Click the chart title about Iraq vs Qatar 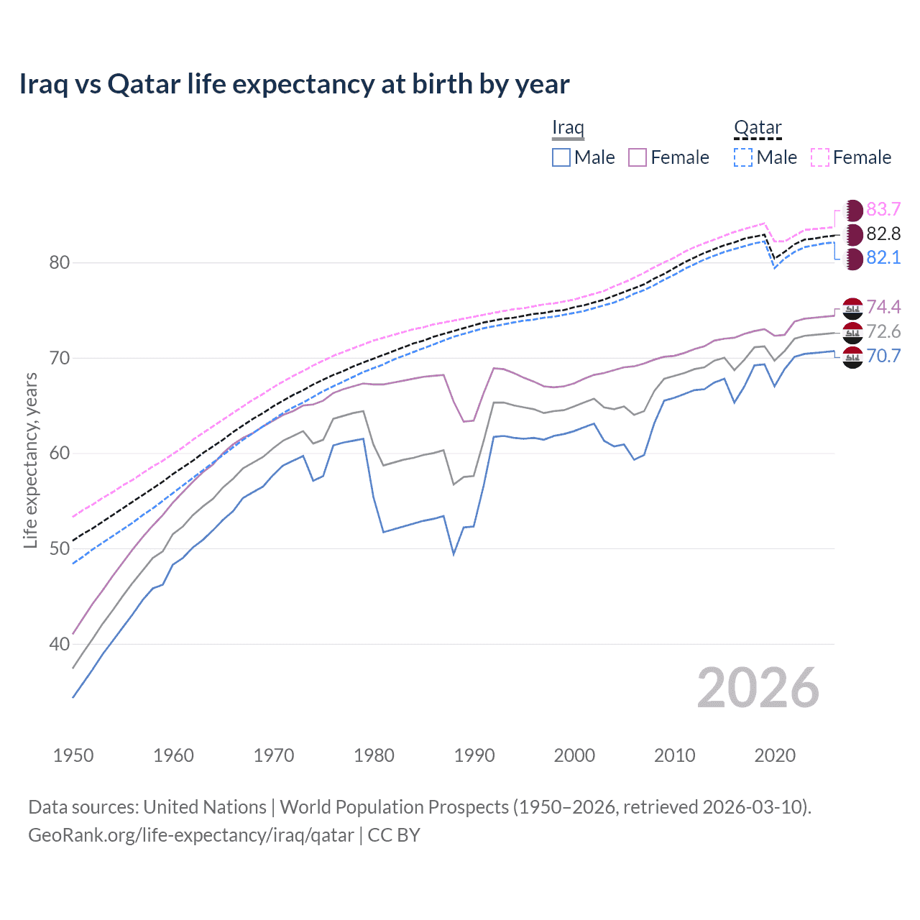coord(294,84)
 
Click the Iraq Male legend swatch coord(561,157)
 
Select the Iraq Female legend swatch coord(638,157)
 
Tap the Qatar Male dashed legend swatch coord(743,157)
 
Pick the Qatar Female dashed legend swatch coord(820,157)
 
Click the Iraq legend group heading coord(568,128)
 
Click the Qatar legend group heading coord(758,128)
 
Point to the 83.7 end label coord(883,210)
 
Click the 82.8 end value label coord(883,234)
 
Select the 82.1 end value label coord(883,258)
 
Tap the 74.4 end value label coord(883,308)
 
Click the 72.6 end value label coord(883,331)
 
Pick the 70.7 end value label coord(883,356)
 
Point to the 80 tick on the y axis coord(60,262)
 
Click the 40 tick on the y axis coord(60,644)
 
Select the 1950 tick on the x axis coord(73,755)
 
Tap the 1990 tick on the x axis coord(474,755)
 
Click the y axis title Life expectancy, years coord(30,460)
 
